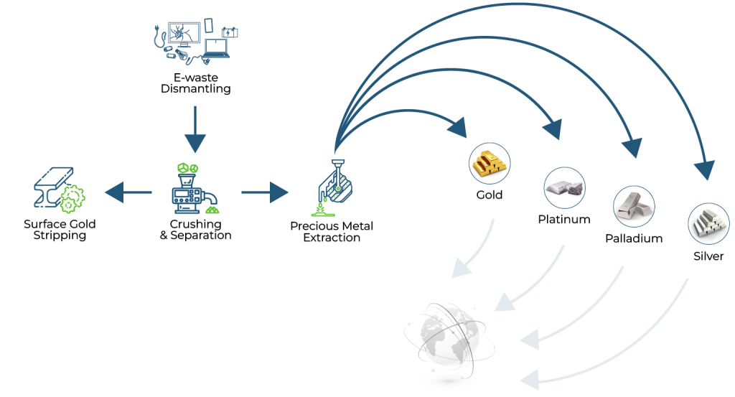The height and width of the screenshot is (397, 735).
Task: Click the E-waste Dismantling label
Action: click(195, 83)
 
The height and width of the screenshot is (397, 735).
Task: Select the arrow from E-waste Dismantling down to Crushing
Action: click(195, 128)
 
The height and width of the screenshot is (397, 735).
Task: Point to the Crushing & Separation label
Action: click(195, 230)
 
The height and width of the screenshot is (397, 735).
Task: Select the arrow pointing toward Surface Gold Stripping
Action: click(128, 192)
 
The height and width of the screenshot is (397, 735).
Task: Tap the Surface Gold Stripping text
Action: click(60, 230)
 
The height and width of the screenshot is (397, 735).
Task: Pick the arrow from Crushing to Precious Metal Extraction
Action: click(264, 192)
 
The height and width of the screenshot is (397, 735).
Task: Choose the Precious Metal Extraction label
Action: click(332, 232)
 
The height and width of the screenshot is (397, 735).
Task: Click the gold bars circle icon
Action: click(490, 162)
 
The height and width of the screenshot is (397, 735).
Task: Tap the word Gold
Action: click(490, 195)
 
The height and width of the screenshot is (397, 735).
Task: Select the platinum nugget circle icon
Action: click(563, 188)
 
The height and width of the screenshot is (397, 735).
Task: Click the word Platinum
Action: click(564, 220)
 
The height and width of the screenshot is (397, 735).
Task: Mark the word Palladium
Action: click(634, 238)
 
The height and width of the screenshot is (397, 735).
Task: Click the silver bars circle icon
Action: click(708, 224)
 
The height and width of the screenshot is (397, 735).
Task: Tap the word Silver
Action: click(708, 256)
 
